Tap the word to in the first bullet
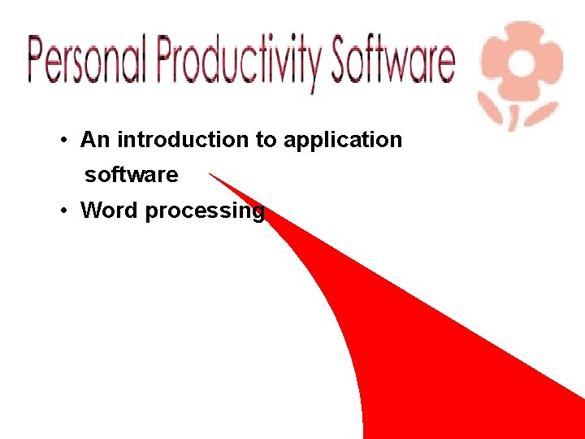[x=266, y=140]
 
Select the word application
[x=342, y=141]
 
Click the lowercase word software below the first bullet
[x=132, y=175]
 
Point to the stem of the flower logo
[x=512, y=116]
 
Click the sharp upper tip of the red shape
[x=210, y=174]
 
